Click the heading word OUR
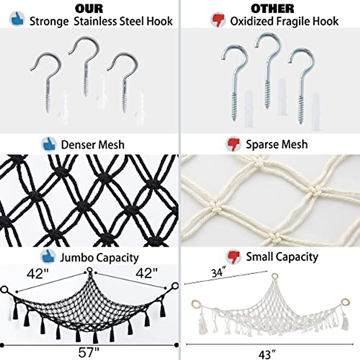tap(89, 9)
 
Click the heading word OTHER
tap(273, 9)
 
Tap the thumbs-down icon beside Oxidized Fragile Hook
tap(218, 20)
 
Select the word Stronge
tap(49, 22)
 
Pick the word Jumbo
tap(76, 258)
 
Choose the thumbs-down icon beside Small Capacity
tap(233, 256)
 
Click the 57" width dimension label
tap(88, 352)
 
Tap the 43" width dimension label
tap(267, 354)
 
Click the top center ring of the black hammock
tap(90, 270)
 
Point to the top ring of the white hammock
tap(274, 276)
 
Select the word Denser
tap(77, 145)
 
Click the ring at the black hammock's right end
tap(175, 286)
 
